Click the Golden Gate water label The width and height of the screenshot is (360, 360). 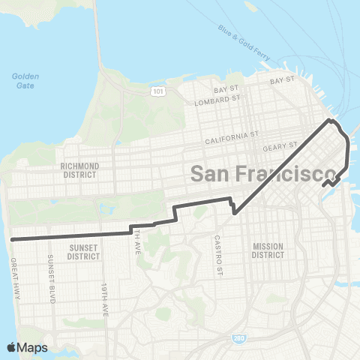[25, 81]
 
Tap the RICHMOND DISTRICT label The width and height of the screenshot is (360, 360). [82, 169]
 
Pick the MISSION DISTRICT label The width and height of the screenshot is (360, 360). [268, 250]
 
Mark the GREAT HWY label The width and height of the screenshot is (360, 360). [15, 274]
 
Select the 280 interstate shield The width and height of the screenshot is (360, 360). [237, 340]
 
